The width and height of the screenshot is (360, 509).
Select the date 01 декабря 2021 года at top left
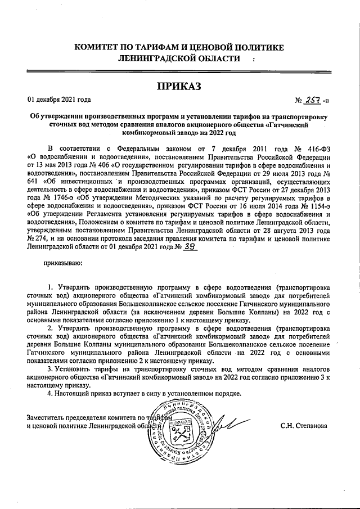coord(59,100)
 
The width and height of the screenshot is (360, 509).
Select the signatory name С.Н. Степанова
coord(308,425)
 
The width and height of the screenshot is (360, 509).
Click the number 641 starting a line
coord(33,181)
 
